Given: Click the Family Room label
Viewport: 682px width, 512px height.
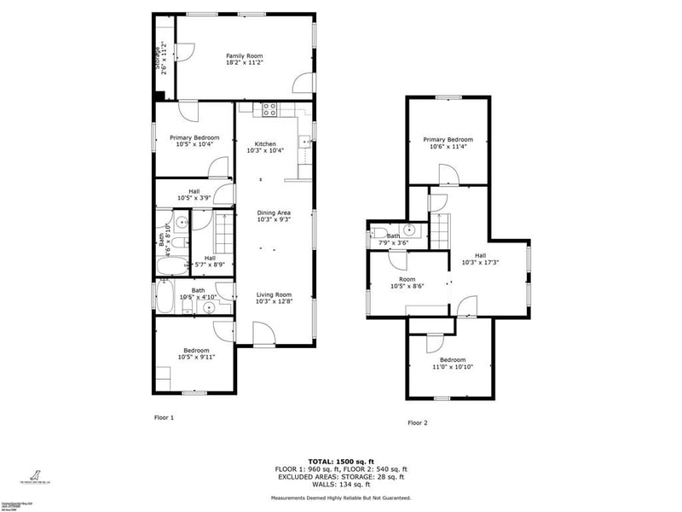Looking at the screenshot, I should pyautogui.click(x=244, y=59).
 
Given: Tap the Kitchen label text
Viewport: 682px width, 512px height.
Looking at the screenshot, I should pyautogui.click(x=265, y=147).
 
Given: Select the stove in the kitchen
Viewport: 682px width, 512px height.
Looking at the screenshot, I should pyautogui.click(x=269, y=109).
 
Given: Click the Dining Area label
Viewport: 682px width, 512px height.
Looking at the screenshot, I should pyautogui.click(x=275, y=216).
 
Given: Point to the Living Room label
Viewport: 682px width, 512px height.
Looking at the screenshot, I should pyautogui.click(x=275, y=298).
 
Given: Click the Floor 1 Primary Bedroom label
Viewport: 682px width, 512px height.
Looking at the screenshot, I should pyautogui.click(x=194, y=141).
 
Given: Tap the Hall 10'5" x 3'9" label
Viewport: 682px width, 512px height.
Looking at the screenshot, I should pyautogui.click(x=194, y=195).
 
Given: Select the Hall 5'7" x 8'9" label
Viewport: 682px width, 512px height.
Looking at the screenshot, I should pyautogui.click(x=210, y=261).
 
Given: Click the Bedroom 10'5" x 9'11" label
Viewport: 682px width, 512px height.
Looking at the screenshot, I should pyautogui.click(x=194, y=352).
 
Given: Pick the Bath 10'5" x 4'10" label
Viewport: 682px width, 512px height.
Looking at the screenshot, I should pyautogui.click(x=198, y=294).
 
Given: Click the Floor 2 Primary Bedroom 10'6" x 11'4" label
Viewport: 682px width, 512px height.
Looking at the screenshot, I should pyautogui.click(x=448, y=143).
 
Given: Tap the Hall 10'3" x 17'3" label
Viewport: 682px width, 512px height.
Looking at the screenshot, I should pyautogui.click(x=481, y=259).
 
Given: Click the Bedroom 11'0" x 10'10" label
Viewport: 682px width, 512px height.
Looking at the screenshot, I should pyautogui.click(x=452, y=363).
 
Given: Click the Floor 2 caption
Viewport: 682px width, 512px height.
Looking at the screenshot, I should pyautogui.click(x=417, y=422).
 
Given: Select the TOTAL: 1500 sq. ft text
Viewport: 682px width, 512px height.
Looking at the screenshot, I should pyautogui.click(x=340, y=461).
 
